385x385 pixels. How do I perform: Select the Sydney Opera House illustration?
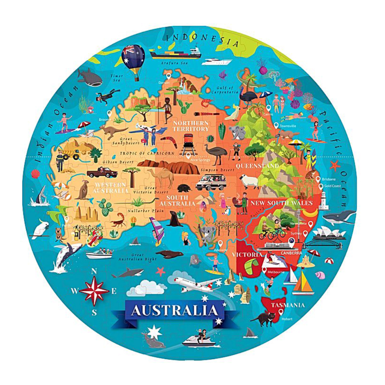coord(323,234)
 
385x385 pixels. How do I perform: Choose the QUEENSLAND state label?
coord(257,166)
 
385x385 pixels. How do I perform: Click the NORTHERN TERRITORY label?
coord(191,126)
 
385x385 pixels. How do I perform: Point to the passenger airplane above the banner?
coord(195,283)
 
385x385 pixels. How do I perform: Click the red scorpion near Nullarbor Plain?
coord(118,222)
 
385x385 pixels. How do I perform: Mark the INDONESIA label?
coord(202,38)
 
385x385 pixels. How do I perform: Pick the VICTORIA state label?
coord(247,254)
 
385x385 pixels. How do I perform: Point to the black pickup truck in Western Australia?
coord(102,172)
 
